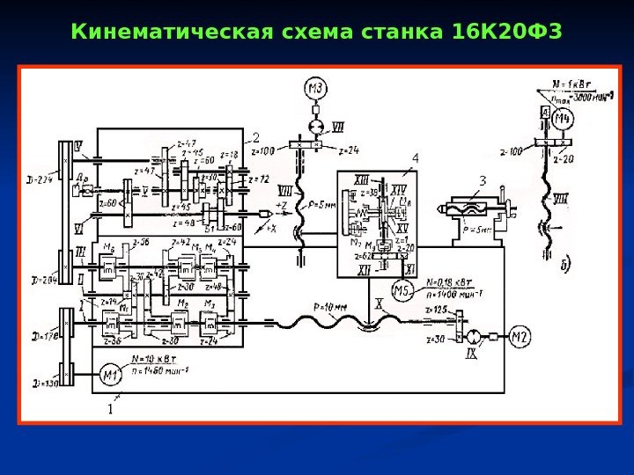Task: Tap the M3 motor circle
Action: [x=316, y=87]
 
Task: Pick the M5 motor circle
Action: [x=402, y=291]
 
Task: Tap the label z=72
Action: [x=259, y=179]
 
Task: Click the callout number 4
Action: [x=416, y=157]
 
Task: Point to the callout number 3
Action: [x=482, y=181]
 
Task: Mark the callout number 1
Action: [x=110, y=409]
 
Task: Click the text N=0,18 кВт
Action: [x=454, y=282]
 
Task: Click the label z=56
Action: [x=139, y=241]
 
